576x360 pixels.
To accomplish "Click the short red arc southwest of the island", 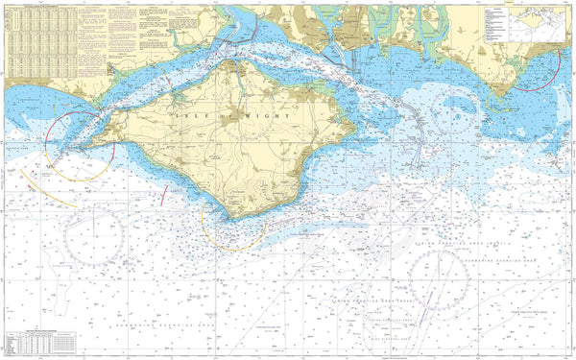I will [164, 196].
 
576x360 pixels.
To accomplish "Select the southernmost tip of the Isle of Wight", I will [229, 219].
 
